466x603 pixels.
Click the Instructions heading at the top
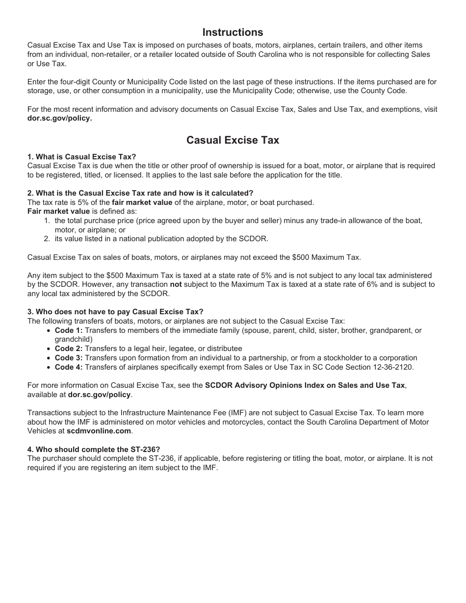pos(233,32)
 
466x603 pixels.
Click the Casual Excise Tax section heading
pos(233,140)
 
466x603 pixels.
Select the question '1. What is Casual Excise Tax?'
pos(82,157)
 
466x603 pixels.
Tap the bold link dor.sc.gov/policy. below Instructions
pos(59,118)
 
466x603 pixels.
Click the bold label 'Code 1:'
pos(69,331)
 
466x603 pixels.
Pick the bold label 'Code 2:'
pos(69,349)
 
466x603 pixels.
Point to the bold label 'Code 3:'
pos(69,358)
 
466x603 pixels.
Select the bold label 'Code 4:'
pos(69,367)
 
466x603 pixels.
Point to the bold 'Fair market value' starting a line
pos(58,211)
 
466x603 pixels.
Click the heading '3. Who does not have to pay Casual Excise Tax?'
pos(115,312)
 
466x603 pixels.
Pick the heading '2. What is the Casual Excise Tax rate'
pos(140,193)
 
